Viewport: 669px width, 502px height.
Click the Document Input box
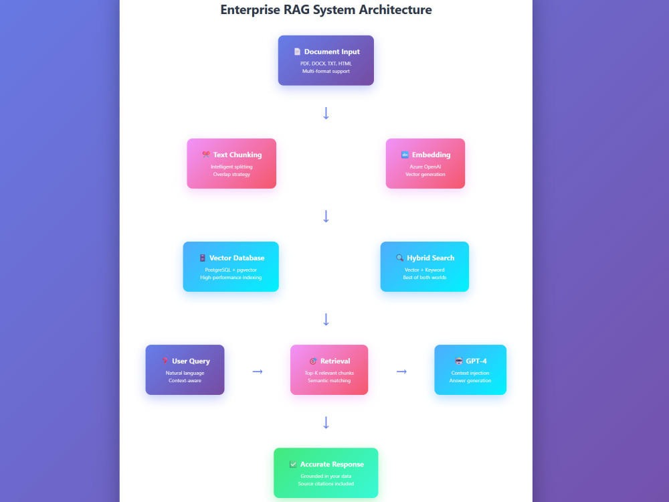click(326, 60)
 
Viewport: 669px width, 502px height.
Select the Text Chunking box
click(231, 163)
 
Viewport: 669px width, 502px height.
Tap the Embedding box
click(425, 163)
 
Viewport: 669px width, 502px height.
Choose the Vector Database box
click(231, 267)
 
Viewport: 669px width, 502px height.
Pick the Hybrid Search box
click(425, 267)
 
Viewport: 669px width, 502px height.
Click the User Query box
click(185, 369)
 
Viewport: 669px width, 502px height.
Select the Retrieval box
click(329, 369)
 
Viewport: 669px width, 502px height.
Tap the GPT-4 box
click(470, 369)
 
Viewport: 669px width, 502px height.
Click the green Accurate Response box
click(326, 473)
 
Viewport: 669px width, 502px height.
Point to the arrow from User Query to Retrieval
click(258, 371)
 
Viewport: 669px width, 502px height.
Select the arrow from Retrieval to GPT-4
click(401, 371)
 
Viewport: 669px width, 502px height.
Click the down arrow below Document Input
click(326, 113)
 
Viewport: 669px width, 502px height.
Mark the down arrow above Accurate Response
click(326, 422)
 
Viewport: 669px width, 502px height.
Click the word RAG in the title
click(296, 9)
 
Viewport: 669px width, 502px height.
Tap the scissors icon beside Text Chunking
click(206, 155)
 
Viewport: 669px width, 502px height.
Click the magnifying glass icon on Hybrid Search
click(399, 258)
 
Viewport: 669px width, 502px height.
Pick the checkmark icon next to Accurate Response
click(293, 464)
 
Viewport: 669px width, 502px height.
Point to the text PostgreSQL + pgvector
click(231, 270)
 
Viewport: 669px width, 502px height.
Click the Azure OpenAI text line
click(425, 167)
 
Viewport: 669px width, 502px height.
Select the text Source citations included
click(326, 484)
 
